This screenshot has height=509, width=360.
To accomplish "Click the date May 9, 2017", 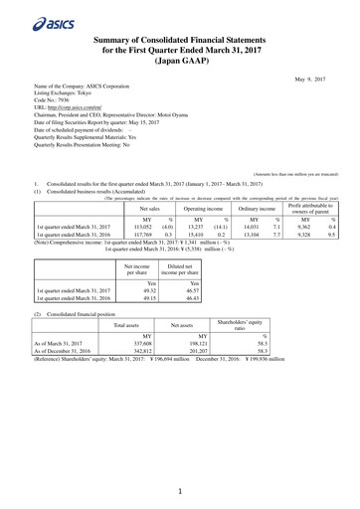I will coord(315,76).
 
